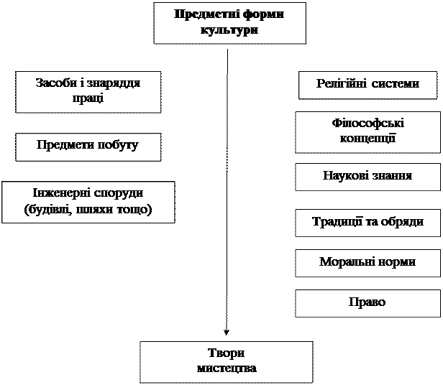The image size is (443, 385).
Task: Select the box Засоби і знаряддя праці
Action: pos(88,91)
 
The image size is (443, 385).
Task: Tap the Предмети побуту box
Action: pos(88,146)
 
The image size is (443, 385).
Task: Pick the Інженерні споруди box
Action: pos(88,202)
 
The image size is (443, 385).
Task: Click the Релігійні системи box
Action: pos(367,84)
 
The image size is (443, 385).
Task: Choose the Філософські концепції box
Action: pos(367,131)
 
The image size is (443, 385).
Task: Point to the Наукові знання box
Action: pos(367,176)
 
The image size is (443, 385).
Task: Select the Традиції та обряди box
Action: pos(367,222)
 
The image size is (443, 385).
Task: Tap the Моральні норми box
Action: pos(367,261)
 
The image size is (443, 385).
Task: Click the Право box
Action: pos(367,302)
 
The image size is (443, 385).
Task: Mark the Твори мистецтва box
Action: pos(226,361)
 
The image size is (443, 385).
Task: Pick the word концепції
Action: pos(367,138)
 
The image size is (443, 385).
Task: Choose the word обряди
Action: pos(403,222)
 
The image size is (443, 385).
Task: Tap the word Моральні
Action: pos(347,261)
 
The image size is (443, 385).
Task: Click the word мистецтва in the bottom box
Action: pos(226,368)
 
